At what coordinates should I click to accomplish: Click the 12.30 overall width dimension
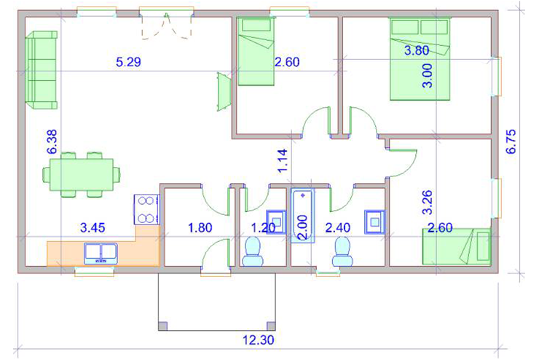click(259, 340)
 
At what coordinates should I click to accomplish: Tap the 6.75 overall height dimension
click(511, 141)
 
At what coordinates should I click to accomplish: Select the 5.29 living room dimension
click(129, 62)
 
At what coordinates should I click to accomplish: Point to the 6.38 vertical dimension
click(52, 141)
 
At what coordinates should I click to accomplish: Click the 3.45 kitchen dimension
click(93, 227)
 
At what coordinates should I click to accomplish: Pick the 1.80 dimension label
click(200, 227)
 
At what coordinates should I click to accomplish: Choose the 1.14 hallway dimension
click(282, 161)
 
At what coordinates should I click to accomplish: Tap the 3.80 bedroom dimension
click(417, 50)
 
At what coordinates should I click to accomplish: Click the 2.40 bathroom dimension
click(338, 227)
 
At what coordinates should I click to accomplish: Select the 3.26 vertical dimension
click(428, 202)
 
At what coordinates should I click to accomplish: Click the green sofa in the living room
click(42, 70)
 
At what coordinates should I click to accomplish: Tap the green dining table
click(82, 175)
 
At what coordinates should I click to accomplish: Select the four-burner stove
click(147, 209)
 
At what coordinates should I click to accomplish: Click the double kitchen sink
click(101, 254)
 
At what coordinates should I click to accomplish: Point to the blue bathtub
click(302, 215)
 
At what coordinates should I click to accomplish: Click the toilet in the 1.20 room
click(253, 251)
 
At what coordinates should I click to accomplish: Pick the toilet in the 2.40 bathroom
click(343, 251)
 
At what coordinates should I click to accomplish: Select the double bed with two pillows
click(420, 59)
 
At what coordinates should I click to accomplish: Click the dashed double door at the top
click(166, 26)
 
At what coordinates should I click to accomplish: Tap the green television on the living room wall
click(224, 92)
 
